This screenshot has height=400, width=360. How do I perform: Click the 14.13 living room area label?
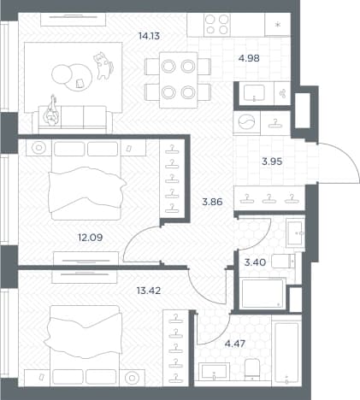coord(149,36)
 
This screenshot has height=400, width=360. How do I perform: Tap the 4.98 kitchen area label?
coord(249,58)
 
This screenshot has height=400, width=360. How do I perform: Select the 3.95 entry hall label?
coord(272,162)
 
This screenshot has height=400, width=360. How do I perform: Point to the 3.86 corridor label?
coord(212,202)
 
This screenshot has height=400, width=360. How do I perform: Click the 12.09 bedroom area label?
coord(91,238)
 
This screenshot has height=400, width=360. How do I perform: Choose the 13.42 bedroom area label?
coord(149,291)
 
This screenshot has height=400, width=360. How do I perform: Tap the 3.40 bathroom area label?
coord(255,262)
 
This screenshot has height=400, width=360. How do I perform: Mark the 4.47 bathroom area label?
coord(235,344)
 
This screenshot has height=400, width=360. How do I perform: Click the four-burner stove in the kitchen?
coord(217,25)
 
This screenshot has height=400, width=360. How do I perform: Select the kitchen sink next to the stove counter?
coord(254,93)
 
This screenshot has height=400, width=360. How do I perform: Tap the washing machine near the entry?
coord(246,123)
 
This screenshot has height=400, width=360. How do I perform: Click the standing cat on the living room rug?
coord(103,66)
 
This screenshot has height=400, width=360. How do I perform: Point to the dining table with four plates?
coord(178,79)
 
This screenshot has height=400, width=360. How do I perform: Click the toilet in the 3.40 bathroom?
coord(283,262)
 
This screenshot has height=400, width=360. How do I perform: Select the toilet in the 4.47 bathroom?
coord(252,369)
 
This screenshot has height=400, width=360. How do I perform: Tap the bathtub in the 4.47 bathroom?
coord(286,350)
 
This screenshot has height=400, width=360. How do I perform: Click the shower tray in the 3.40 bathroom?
coord(263,294)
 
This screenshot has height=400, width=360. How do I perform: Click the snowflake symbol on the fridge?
coord(278,25)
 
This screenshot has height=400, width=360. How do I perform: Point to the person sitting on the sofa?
coord(51,112)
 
